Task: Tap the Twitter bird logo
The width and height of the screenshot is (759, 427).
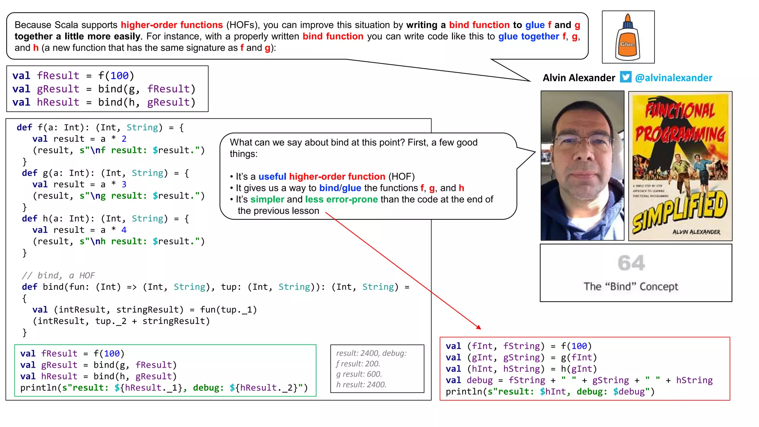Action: click(x=626, y=77)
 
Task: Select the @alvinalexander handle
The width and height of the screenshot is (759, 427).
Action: click(x=673, y=78)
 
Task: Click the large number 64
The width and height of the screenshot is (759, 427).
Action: click(x=631, y=263)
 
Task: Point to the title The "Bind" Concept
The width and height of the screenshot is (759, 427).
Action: click(x=631, y=287)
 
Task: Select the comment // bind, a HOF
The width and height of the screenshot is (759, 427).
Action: click(x=58, y=275)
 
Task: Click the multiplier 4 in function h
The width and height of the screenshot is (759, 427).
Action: click(x=124, y=230)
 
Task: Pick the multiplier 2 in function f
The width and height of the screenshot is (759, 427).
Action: click(x=124, y=139)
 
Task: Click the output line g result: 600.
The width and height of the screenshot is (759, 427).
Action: click(x=359, y=374)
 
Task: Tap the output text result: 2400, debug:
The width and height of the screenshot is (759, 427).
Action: click(x=371, y=353)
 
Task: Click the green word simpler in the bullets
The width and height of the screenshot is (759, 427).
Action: click(x=267, y=199)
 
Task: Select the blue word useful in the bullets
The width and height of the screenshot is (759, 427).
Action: click(x=272, y=176)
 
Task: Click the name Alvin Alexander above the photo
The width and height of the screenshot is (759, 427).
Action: click(x=579, y=78)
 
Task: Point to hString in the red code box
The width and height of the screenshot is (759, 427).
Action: click(x=694, y=380)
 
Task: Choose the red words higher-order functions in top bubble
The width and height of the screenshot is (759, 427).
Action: click(x=172, y=25)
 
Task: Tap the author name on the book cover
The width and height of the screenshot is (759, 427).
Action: click(x=696, y=232)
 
